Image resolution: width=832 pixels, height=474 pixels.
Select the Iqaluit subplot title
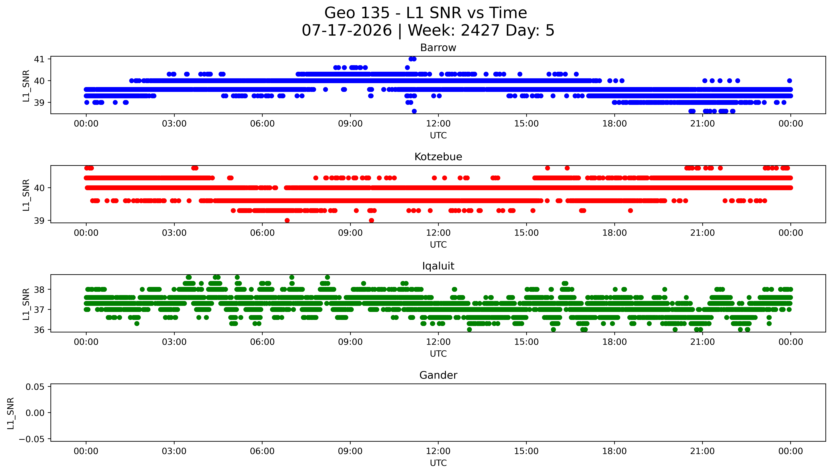point(438,266)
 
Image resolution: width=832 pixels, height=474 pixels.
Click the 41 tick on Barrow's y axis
point(39,59)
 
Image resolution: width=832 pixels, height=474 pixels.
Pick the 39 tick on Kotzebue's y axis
point(39,221)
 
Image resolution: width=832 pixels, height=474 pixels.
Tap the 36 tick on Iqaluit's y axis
point(39,330)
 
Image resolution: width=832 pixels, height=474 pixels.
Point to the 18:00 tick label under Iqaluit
point(614,342)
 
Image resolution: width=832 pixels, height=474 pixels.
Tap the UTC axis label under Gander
point(438,463)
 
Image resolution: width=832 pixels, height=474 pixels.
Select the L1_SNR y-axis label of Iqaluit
point(26,304)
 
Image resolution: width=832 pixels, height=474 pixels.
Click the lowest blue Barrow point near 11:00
point(414,111)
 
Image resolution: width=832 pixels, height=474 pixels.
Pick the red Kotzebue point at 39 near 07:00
point(287,220)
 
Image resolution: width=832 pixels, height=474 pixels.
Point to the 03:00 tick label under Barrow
point(174,124)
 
